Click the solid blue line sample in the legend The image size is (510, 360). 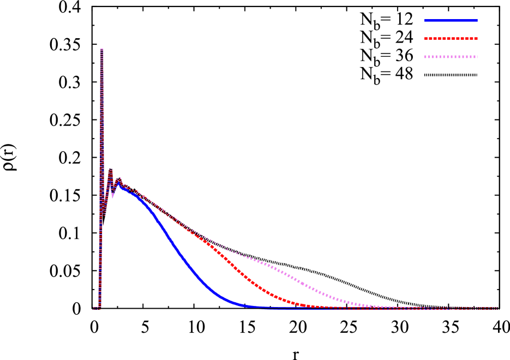click(451, 21)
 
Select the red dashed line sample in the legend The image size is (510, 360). click(451, 39)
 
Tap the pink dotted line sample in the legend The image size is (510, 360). click(451, 57)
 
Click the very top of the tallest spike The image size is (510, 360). click(102, 49)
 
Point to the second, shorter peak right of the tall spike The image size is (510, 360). click(111, 170)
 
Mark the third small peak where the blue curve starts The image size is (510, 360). click(119, 178)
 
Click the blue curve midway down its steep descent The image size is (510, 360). click(180, 253)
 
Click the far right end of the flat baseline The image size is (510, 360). click(496, 308)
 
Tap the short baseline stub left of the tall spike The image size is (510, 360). click(95, 308)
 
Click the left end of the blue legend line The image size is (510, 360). click(425, 21)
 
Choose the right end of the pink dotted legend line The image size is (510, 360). click(477, 57)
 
